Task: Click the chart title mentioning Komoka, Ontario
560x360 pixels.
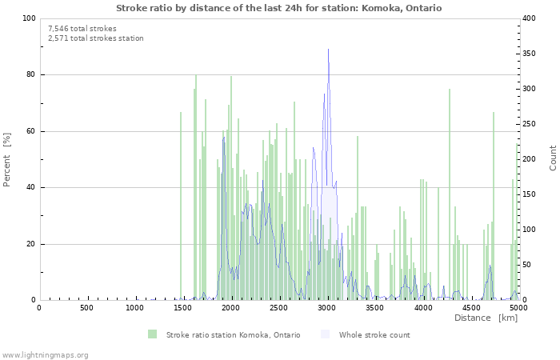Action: [x=278, y=8]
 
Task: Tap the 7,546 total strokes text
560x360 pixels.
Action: [x=82, y=29]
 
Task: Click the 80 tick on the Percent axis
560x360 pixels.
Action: [x=30, y=75]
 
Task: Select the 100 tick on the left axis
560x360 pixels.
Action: [x=28, y=18]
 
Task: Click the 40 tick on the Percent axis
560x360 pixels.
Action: [x=30, y=188]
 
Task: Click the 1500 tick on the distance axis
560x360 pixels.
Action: [x=182, y=308]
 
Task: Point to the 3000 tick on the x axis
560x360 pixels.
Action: [x=326, y=308]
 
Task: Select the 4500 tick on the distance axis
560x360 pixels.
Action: [x=470, y=308]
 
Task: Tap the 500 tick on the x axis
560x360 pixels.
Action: [x=86, y=308]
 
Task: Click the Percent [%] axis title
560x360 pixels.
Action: [x=7, y=159]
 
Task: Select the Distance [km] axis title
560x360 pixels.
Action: [x=486, y=318]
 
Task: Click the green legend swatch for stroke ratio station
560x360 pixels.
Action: [x=152, y=334]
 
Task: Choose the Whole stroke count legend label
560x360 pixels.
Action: [x=374, y=335]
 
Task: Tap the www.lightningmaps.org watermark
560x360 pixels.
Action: [x=45, y=354]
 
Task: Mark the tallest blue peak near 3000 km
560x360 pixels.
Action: [x=328, y=50]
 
